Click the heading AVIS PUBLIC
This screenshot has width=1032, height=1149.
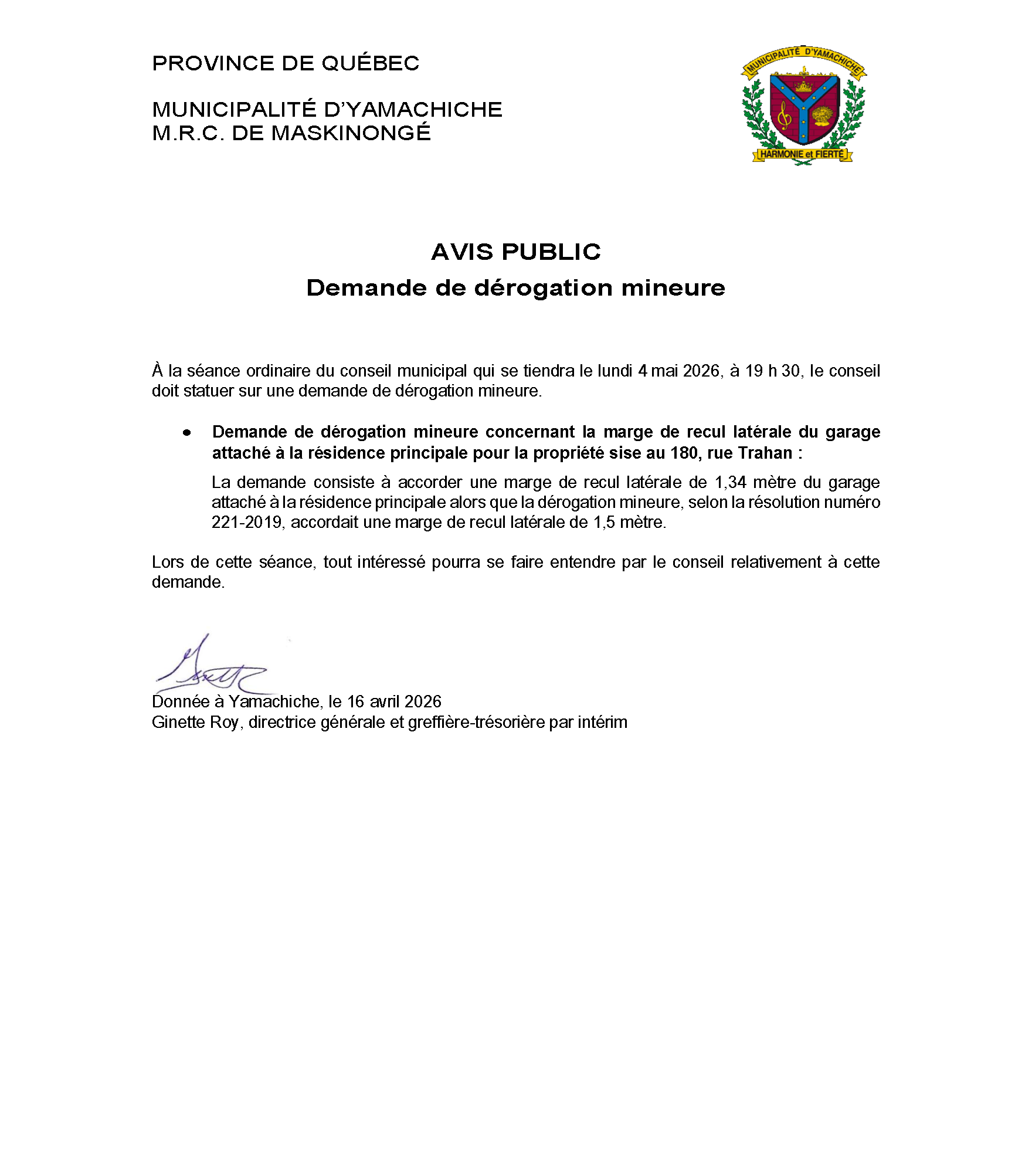[x=515, y=252]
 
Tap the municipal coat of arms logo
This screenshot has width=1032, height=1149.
[x=803, y=106]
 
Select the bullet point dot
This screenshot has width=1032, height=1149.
[x=186, y=433]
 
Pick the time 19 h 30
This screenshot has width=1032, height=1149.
[x=772, y=371]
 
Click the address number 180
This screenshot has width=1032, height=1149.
[x=684, y=453]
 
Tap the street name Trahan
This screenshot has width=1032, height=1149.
[x=765, y=453]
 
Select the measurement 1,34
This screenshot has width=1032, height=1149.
[x=730, y=482]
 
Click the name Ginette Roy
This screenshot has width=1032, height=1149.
[x=195, y=722]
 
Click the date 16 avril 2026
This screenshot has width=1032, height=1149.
[x=394, y=701]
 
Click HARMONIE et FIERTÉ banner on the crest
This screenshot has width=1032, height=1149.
[x=802, y=154]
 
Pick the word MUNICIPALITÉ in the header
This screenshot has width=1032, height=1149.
[x=234, y=110]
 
